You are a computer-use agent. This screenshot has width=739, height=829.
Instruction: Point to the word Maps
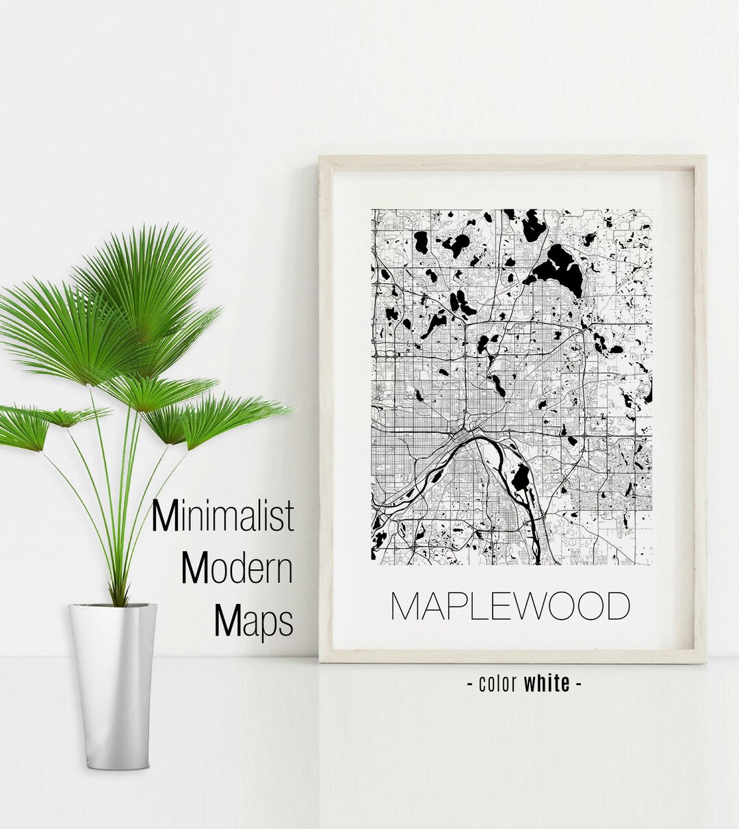[x=255, y=622]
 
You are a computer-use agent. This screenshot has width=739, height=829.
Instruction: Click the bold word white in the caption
[x=547, y=683]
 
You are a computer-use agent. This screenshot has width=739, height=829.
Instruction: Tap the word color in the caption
[x=497, y=683]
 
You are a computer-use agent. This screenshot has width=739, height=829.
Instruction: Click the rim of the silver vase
[x=112, y=607]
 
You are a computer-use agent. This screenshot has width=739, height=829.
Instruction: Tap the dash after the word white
[x=580, y=683]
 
